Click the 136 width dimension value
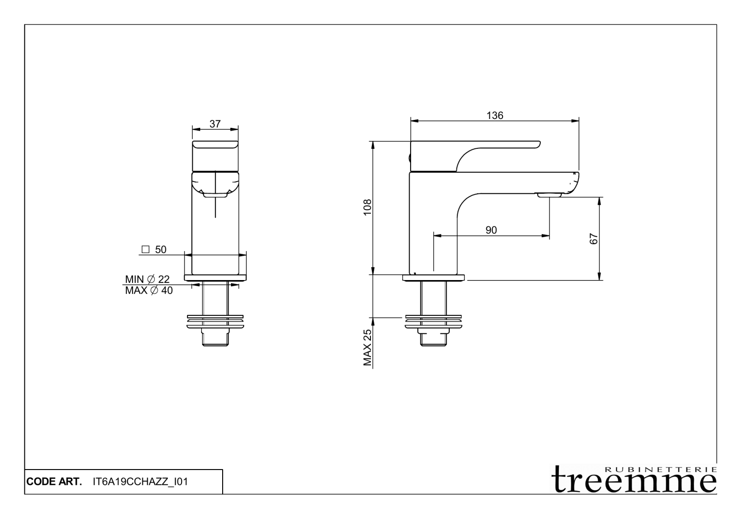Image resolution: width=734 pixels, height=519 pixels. coord(495,116)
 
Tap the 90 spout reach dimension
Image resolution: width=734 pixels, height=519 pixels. coord(491,230)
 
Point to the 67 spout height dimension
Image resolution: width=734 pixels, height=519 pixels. coord(594,239)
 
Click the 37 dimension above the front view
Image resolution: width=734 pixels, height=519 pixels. coord(215,124)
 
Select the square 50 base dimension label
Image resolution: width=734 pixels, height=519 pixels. coord(154,250)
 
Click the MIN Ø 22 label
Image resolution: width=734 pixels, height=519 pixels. coord(147,279)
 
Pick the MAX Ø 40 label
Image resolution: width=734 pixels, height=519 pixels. coord(149,290)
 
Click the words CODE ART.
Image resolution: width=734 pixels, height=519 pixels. coord(54,482)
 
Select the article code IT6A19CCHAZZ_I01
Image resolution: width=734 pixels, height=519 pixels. coord(140,482)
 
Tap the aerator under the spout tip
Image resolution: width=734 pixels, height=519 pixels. coord(549,195)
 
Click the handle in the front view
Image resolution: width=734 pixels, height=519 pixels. coord(215,155)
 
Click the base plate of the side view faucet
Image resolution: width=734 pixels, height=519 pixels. coord(433,278)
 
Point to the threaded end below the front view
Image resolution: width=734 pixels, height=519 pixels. coord(215,339)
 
